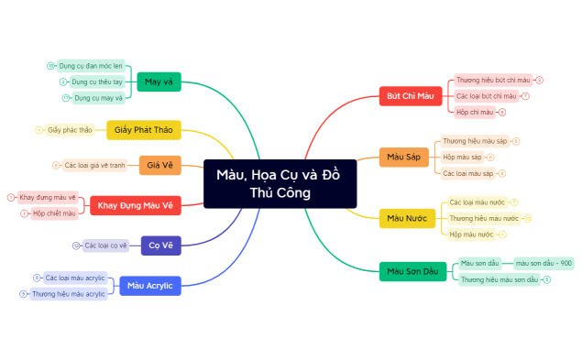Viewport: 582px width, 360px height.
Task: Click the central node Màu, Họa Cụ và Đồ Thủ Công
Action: pos(280,183)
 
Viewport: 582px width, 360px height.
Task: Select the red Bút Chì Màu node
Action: pos(410,96)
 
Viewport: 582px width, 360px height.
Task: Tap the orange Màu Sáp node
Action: pos(402,157)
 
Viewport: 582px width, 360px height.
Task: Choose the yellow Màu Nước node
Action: pos(407,218)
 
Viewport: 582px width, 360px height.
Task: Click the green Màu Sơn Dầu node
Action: pos(412,271)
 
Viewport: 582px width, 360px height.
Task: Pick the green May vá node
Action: pos(159,82)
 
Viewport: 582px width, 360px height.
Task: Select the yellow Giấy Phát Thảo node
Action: pos(144,130)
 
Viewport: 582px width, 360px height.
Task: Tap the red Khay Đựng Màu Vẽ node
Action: pos(136,205)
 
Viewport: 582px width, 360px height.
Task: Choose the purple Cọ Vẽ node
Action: pos(160,245)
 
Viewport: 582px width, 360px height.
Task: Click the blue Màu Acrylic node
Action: pos(149,286)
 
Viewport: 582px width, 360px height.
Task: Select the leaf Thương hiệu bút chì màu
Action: pos(492,81)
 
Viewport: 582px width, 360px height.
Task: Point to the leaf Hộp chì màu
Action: pos(475,112)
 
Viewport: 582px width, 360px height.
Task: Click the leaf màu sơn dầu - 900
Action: pos(544,263)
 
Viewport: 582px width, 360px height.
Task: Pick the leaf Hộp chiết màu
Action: pos(54,213)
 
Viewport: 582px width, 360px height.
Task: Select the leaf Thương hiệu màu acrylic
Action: pos(69,294)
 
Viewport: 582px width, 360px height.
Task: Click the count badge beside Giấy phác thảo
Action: pos(38,130)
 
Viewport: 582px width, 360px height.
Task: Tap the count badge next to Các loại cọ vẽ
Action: pos(76,245)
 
